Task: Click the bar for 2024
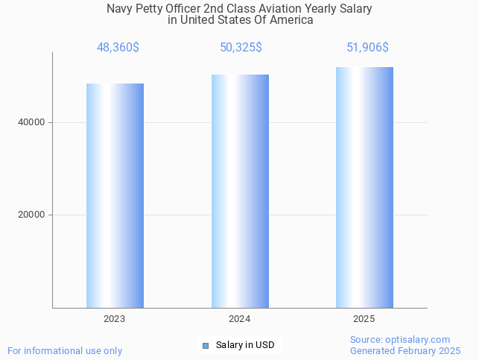coord(240,191)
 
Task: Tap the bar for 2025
coord(364,187)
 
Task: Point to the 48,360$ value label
coord(118,48)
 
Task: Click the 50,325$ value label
coord(241,48)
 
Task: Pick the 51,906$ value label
coord(367,48)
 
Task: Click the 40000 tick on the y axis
coord(32,122)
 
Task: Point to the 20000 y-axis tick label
coord(32,215)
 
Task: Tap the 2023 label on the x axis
coord(115,319)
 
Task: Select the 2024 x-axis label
coord(240,319)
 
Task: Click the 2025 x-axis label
coord(364,319)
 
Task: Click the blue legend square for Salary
coord(206,345)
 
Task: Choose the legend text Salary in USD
coord(245,345)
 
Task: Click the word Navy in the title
coord(121,9)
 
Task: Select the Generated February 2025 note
coord(405,351)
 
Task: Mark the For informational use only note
coord(65,351)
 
